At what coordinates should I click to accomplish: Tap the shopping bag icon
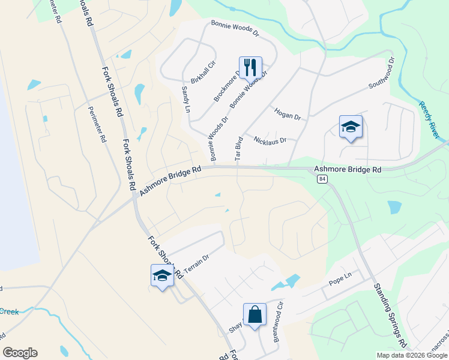[x=255, y=314]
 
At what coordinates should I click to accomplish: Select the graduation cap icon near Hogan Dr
[x=351, y=127]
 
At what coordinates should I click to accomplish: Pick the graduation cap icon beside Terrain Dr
[x=162, y=275]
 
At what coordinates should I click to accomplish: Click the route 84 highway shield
[x=323, y=180]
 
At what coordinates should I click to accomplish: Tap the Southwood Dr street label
[x=382, y=73]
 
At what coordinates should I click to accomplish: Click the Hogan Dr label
[x=287, y=113]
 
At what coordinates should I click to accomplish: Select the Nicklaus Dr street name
[x=270, y=140]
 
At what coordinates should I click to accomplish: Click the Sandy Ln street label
[x=185, y=99]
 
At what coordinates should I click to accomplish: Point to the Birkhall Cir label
[x=203, y=73]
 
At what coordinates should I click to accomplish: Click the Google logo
[x=20, y=353]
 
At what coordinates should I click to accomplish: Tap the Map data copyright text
[x=412, y=355]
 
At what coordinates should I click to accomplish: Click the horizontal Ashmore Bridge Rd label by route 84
[x=347, y=170]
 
